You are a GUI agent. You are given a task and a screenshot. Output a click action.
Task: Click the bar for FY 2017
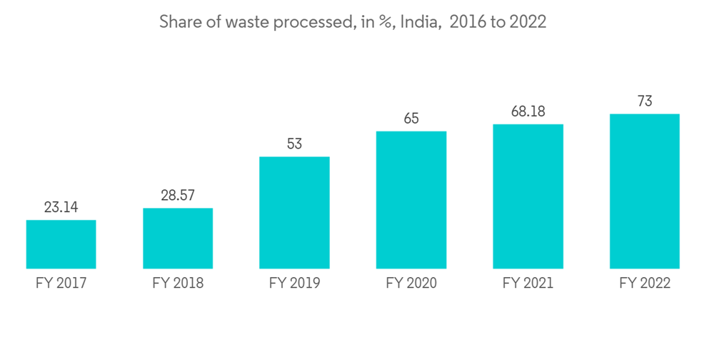pos(61,244)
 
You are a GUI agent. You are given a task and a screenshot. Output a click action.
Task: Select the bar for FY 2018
pos(178,239)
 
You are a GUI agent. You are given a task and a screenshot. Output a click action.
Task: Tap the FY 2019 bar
pos(294,213)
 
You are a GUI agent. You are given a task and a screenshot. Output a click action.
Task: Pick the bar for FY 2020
pos(411,200)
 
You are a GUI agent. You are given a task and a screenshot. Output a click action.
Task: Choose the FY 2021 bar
pos(528,196)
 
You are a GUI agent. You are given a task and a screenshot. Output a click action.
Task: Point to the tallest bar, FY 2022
pos(645,191)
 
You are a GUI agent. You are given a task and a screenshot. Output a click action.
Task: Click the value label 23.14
pos(61,208)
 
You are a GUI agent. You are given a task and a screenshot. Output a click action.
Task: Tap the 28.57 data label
pos(178,196)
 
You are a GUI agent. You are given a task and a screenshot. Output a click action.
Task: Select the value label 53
pos(294,144)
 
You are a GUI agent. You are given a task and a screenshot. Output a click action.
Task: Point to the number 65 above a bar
pos(411,119)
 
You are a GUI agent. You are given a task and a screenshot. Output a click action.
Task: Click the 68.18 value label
pos(528,112)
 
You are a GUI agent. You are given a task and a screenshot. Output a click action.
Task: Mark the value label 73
pos(645,101)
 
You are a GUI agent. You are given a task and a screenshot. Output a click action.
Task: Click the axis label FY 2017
pos(61,284)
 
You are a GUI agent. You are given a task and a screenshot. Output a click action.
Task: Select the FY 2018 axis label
pos(178,284)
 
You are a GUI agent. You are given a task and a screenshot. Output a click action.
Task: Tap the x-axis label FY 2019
pos(294,284)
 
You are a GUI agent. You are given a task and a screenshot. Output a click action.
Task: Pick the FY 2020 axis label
pos(411,284)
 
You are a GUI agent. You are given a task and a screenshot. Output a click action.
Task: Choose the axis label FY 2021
pos(528,284)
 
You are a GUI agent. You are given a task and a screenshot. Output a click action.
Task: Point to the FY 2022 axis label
pos(645,284)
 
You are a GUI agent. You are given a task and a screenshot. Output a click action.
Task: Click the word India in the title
pos(417,22)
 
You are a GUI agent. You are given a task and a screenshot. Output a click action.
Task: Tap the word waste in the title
pos(248,22)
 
